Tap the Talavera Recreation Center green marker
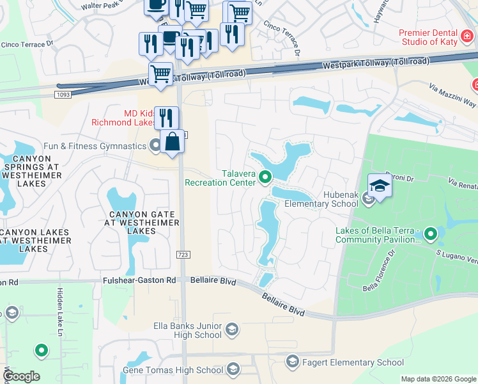[266, 179]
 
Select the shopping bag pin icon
[173, 141]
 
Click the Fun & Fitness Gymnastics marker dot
[155, 146]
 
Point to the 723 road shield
[183, 255]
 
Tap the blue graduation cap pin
[380, 186]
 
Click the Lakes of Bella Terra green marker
[431, 234]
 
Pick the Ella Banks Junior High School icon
[232, 330]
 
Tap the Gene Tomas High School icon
[233, 369]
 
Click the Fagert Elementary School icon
[293, 362]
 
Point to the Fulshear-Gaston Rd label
[139, 280]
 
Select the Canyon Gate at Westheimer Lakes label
[132, 222]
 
